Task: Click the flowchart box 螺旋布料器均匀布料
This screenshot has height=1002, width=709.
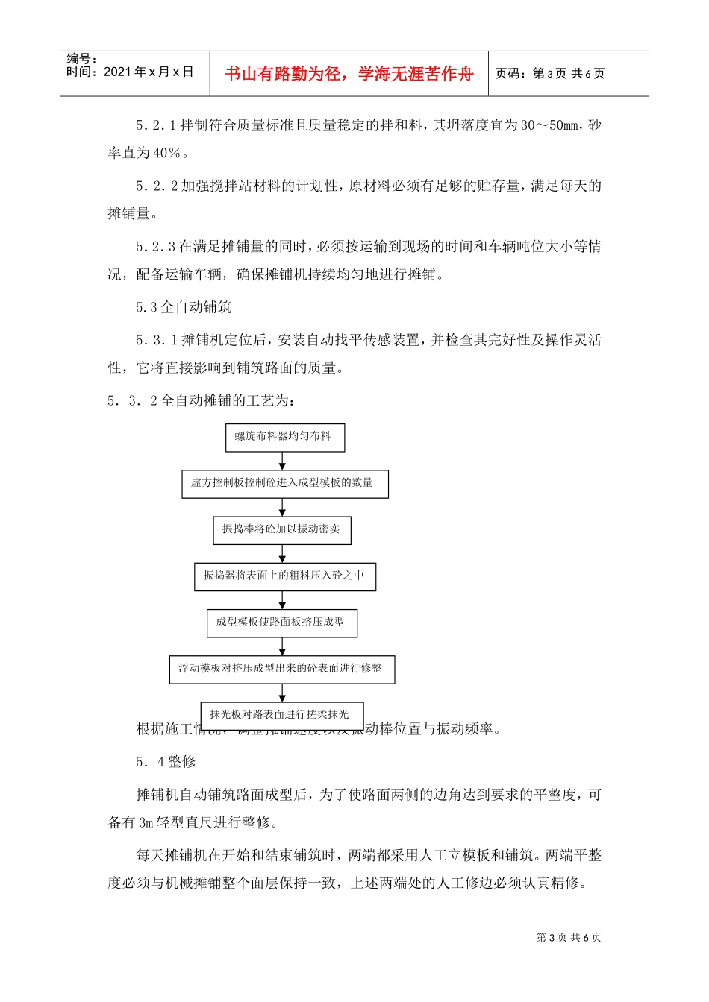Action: (x=284, y=437)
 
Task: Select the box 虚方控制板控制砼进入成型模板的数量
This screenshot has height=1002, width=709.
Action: (x=284, y=483)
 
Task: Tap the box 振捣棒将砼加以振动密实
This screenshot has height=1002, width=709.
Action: (x=281, y=529)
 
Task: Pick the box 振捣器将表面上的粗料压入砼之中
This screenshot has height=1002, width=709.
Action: (x=284, y=576)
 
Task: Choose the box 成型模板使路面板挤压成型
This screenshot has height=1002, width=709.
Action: (x=281, y=622)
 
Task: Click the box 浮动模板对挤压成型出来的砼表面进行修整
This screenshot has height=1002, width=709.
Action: (x=281, y=669)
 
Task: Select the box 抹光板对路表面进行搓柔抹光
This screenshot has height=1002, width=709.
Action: (x=281, y=714)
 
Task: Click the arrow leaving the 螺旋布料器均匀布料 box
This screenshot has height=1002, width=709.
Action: (x=282, y=461)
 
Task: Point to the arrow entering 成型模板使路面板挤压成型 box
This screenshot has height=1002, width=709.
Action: (x=282, y=601)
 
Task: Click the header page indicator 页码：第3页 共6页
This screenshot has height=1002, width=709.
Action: (x=550, y=74)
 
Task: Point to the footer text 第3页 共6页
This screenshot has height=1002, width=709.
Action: (x=569, y=938)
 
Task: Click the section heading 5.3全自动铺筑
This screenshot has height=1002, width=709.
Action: (x=184, y=307)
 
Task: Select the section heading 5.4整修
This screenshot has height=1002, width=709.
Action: (x=166, y=762)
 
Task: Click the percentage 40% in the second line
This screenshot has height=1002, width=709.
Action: (x=166, y=154)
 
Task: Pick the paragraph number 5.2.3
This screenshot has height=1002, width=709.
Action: (x=156, y=247)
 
